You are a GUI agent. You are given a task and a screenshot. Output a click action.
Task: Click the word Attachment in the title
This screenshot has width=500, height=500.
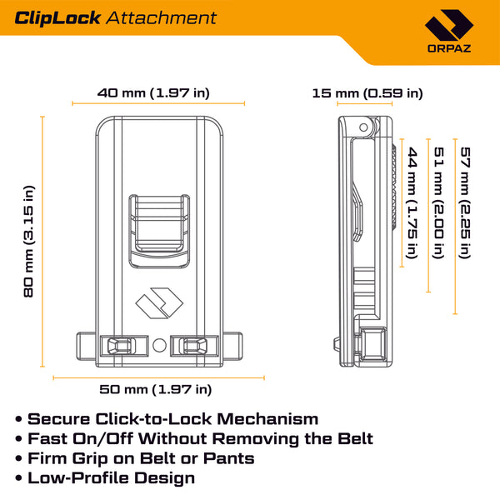pyautogui.click(x=163, y=18)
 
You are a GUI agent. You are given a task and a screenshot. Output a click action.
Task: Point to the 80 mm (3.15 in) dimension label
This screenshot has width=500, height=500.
pyautogui.click(x=28, y=241)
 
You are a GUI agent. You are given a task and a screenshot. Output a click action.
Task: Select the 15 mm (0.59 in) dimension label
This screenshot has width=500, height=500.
pyautogui.click(x=367, y=92)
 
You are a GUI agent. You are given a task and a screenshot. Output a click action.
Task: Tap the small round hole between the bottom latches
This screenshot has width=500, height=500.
pyautogui.click(x=159, y=343)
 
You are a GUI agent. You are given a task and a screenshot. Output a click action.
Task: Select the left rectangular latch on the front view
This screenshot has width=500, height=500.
pyautogui.click(x=118, y=345)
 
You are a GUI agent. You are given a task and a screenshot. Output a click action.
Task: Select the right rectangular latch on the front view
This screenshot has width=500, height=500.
pyautogui.click(x=193, y=345)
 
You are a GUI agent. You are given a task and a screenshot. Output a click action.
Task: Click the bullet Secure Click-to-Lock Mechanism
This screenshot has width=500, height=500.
pyautogui.click(x=173, y=419)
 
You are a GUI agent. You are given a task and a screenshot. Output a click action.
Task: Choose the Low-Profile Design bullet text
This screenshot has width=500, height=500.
pyautogui.click(x=112, y=478)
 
